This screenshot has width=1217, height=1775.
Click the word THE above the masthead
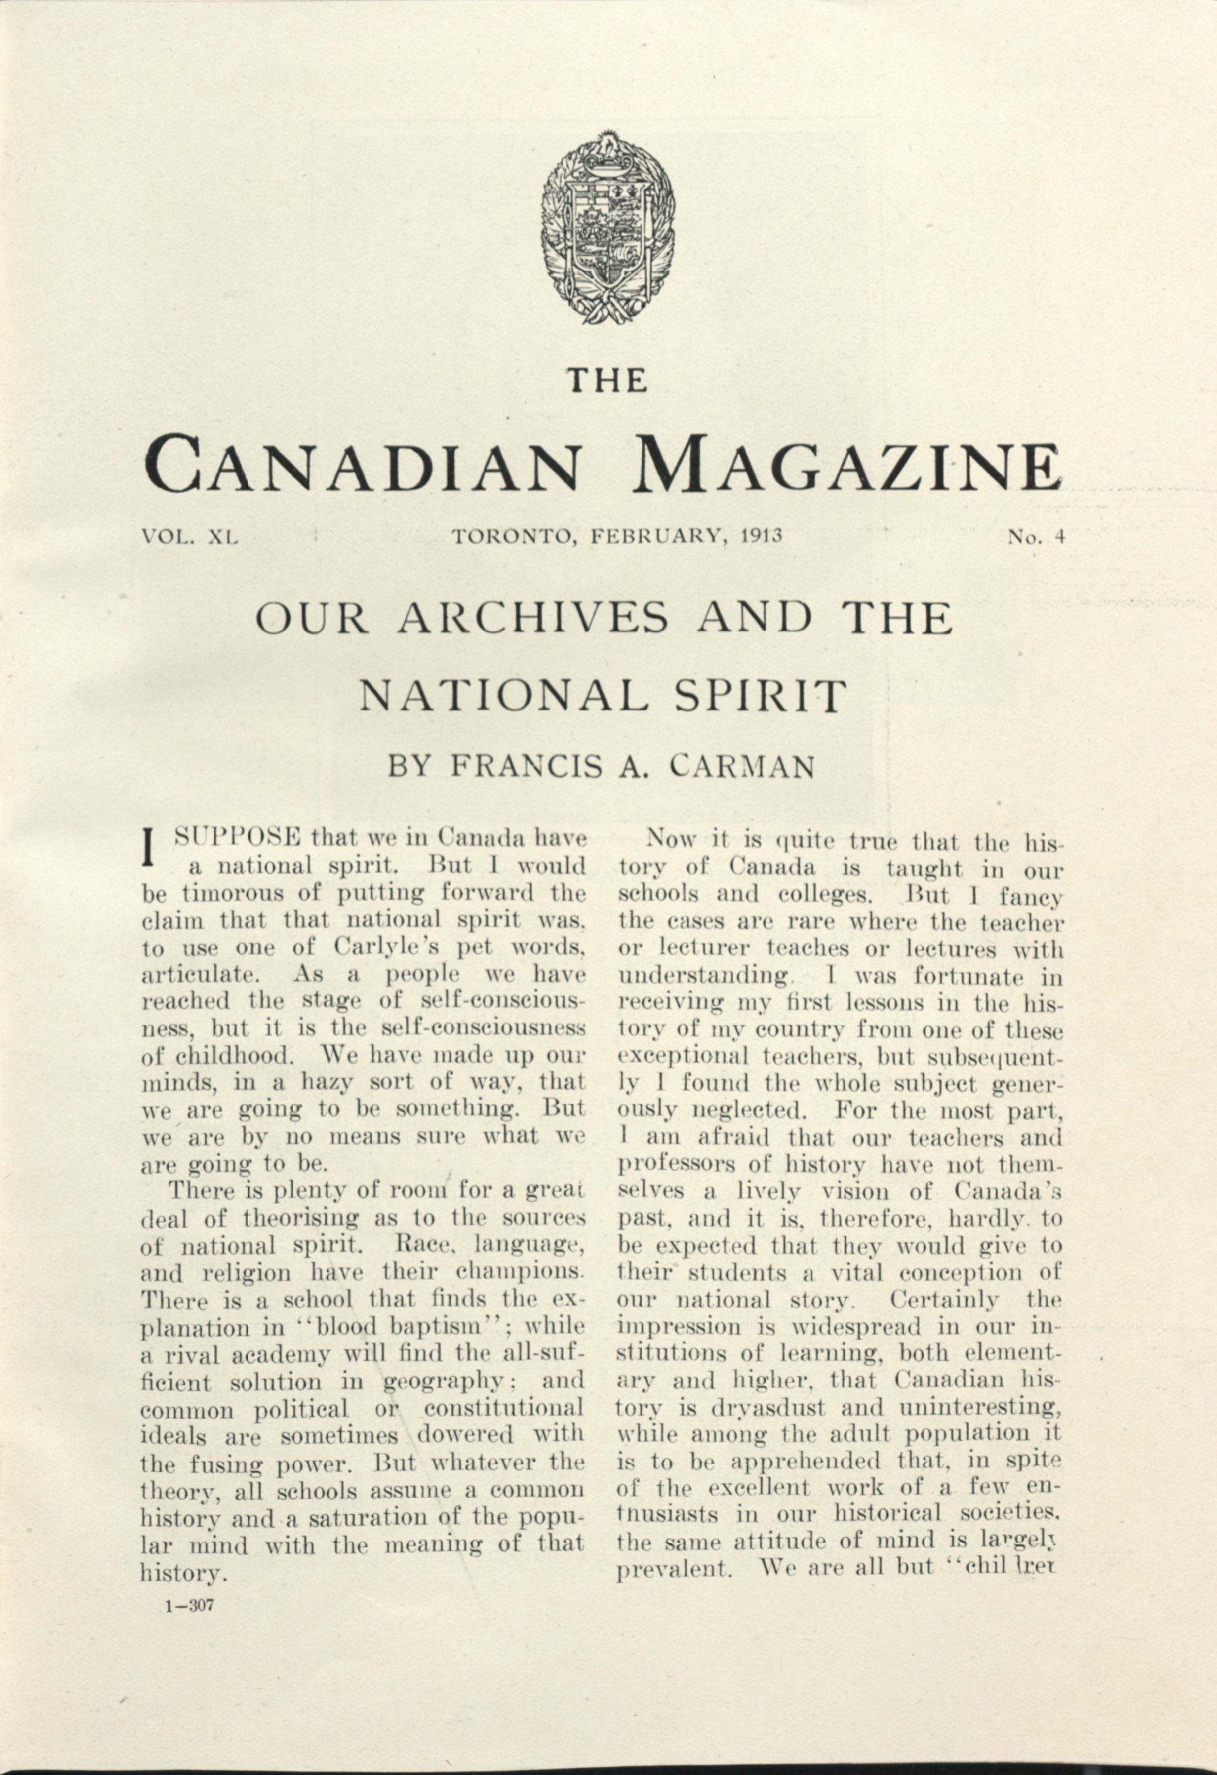(x=608, y=380)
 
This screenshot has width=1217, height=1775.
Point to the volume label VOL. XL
(x=191, y=536)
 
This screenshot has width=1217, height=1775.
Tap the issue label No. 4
(x=1036, y=536)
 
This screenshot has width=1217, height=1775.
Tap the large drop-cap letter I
(x=151, y=848)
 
